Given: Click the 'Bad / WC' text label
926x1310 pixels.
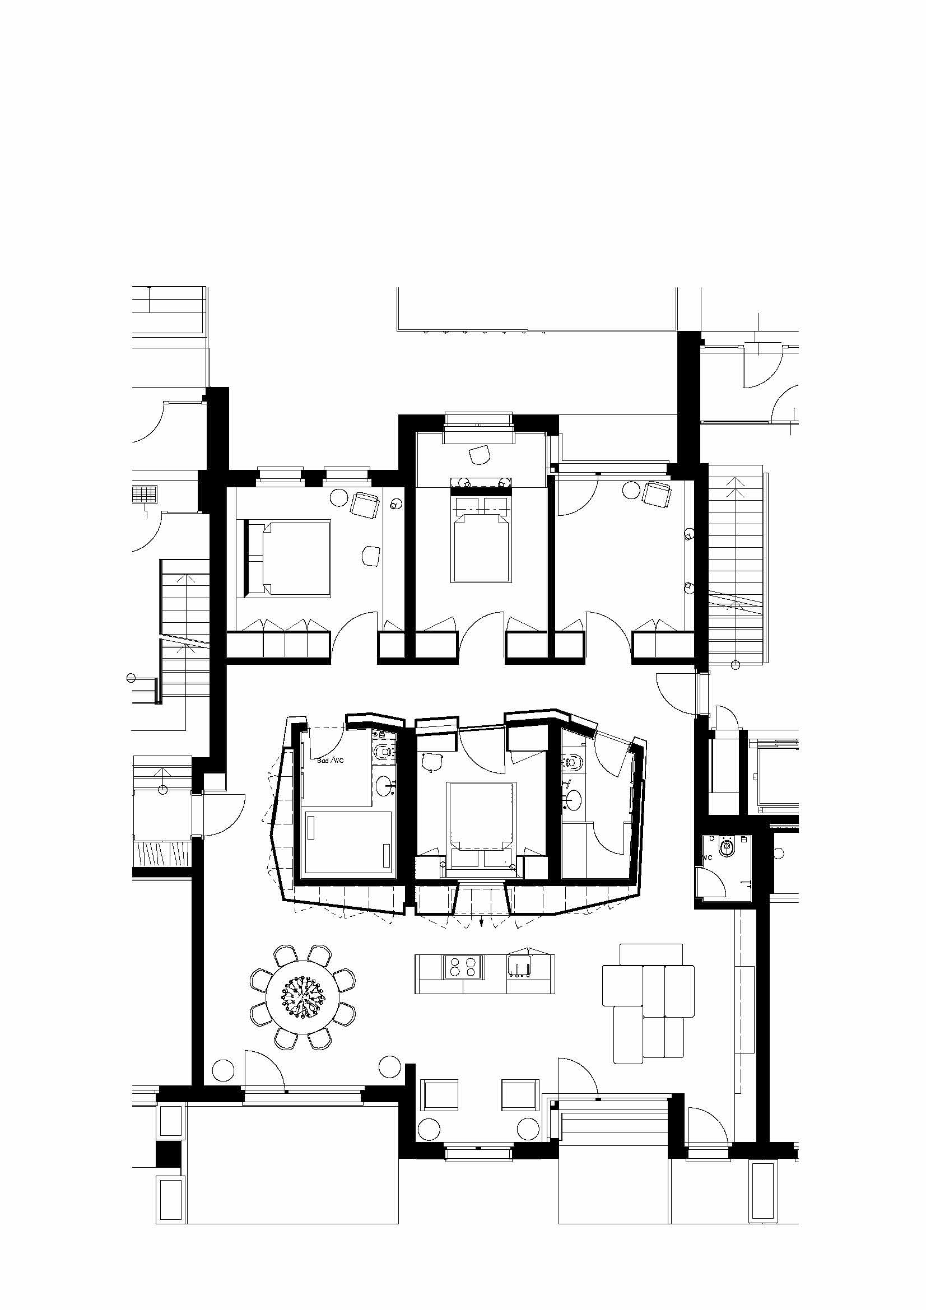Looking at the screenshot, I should [331, 761].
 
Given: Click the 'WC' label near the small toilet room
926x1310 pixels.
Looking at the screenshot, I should [708, 858].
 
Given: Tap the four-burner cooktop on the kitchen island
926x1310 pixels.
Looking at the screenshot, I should [463, 967].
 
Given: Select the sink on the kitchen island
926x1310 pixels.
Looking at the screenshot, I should [520, 968].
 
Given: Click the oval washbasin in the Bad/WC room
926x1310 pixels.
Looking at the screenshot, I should [384, 787].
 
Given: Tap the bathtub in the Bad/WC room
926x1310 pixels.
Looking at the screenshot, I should [348, 841].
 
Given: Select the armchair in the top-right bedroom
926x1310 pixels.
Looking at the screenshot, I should [657, 493].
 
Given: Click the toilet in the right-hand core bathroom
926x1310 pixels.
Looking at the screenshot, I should [572, 761].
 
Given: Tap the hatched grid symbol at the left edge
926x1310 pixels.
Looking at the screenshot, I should [145, 494].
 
